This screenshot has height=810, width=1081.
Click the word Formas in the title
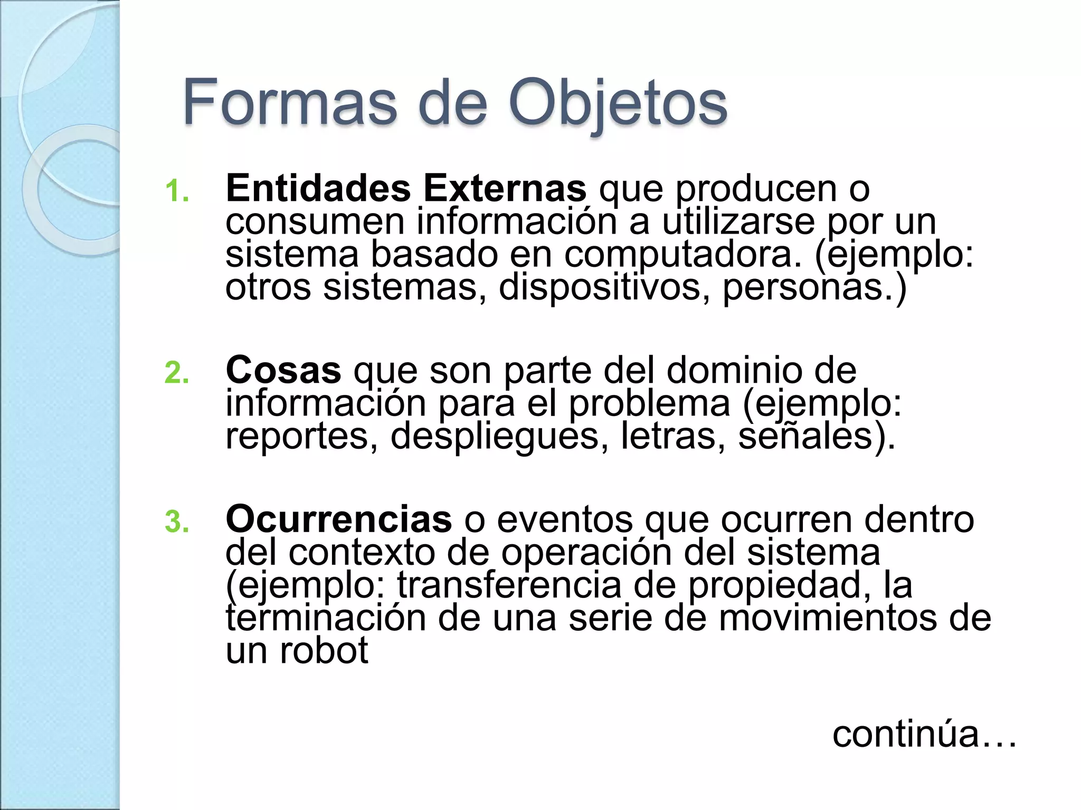click(289, 102)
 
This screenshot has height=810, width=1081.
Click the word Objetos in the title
click(618, 103)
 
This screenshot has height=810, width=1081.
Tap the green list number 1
click(176, 191)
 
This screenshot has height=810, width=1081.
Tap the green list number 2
click(176, 373)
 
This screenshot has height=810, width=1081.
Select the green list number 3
click(176, 522)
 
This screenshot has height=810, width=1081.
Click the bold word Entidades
click(318, 188)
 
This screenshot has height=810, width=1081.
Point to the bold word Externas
click(505, 188)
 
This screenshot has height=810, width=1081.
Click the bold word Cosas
click(283, 370)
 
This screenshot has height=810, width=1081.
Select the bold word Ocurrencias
click(338, 519)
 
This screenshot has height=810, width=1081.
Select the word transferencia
click(509, 585)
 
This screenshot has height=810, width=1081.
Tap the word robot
click(324, 651)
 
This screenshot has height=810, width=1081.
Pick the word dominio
click(734, 370)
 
